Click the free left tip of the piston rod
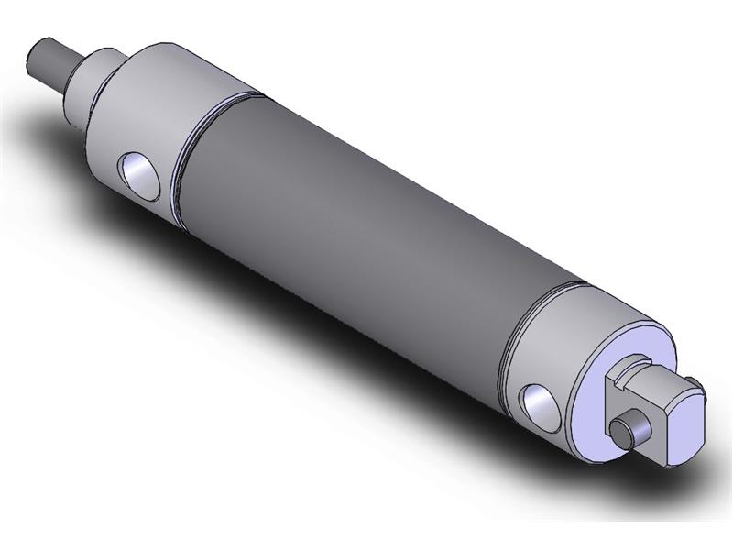pyautogui.click(x=36, y=64)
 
